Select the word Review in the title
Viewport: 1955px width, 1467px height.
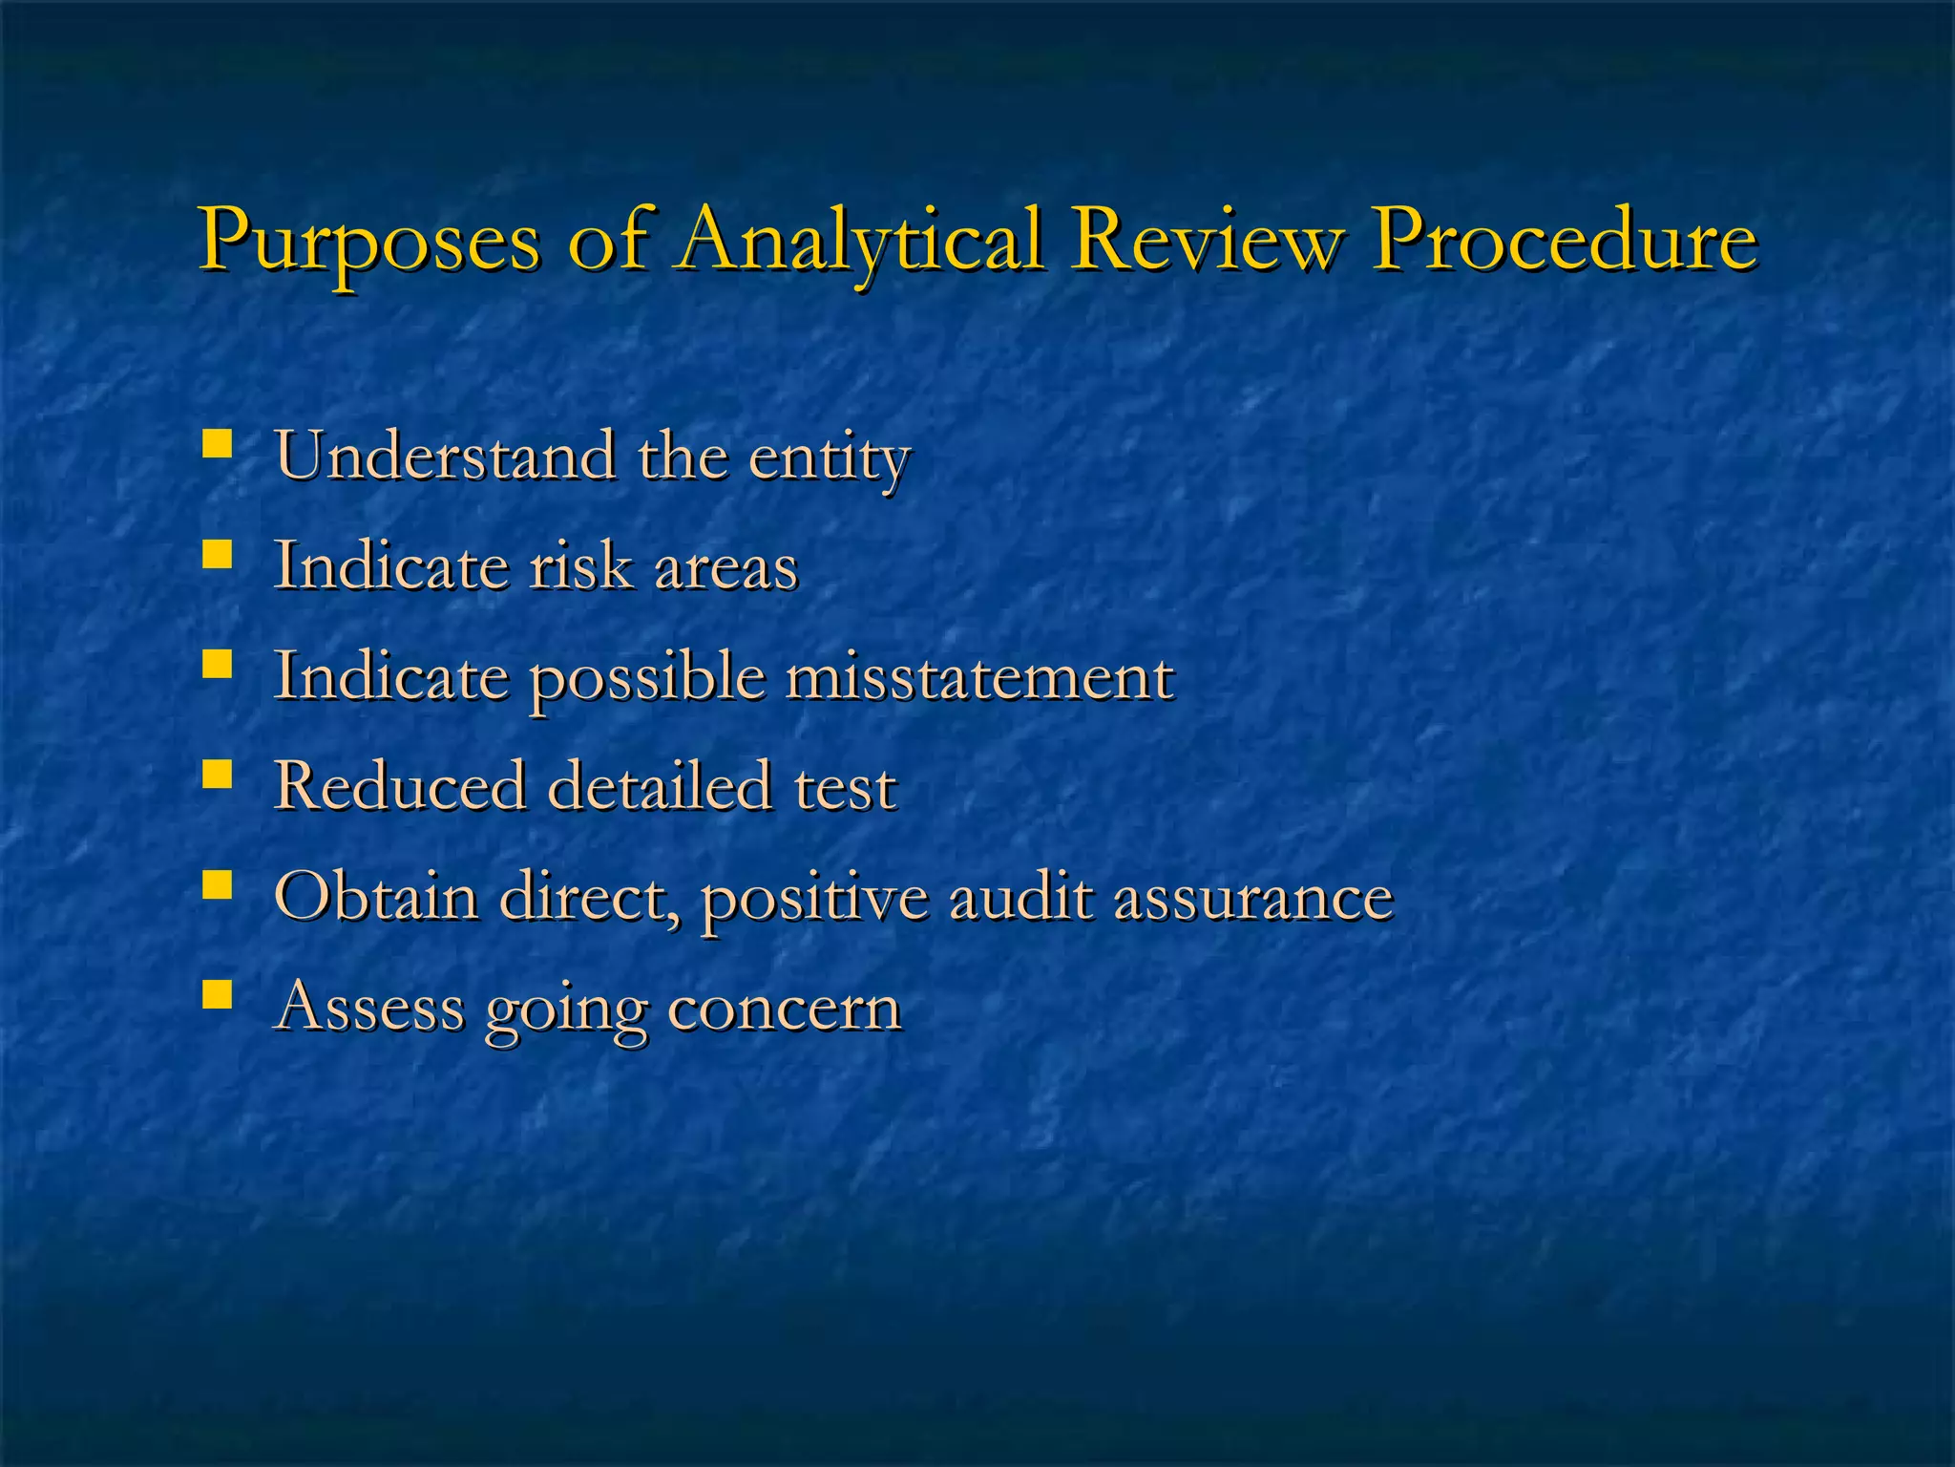[1206, 239]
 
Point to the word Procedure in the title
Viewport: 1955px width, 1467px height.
[1564, 239]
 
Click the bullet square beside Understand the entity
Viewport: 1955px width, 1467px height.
[218, 445]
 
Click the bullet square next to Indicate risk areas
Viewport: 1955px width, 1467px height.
[218, 555]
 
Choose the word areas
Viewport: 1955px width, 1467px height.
[725, 567]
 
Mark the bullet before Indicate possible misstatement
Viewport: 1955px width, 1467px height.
[218, 665]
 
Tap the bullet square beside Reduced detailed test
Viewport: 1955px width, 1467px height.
[218, 775]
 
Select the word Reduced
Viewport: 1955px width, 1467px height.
[400, 786]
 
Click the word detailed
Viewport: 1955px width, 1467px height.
[659, 786]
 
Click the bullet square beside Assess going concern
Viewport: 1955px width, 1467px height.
[218, 995]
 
